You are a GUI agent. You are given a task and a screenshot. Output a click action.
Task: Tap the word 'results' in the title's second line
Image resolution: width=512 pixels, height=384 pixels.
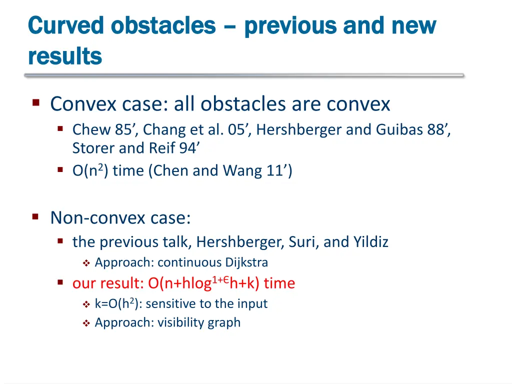65,56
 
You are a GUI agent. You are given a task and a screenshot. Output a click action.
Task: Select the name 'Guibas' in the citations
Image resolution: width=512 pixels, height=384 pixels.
398,130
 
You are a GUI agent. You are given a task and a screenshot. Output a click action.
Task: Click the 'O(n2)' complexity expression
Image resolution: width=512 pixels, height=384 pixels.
90,171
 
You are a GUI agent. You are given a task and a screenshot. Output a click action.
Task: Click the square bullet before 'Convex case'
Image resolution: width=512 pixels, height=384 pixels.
35,103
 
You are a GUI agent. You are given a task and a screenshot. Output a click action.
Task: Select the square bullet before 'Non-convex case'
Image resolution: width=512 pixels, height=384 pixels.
35,216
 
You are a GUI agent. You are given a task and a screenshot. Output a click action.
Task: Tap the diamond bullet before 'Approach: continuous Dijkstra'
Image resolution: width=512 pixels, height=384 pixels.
85,263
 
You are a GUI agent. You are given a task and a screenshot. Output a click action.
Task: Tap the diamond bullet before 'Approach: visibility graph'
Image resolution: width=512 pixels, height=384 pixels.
85,323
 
